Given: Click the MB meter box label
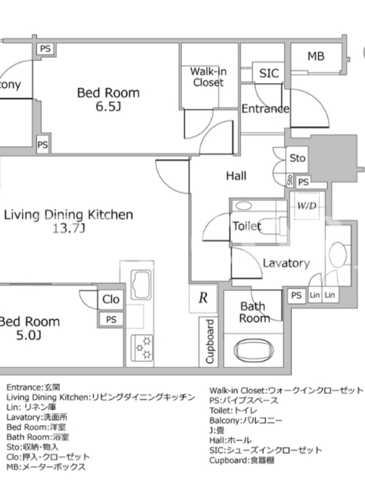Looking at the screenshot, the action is [x=316, y=56].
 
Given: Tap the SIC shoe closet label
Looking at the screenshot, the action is [x=269, y=73].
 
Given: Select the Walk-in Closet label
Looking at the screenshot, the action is [x=208, y=77].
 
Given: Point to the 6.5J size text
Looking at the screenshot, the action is [x=108, y=106].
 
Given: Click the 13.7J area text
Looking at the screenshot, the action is [x=69, y=228].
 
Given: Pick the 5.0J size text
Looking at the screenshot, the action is [x=29, y=335].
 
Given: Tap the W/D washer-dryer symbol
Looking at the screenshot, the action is [x=307, y=206].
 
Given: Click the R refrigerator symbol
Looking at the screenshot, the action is [x=203, y=298].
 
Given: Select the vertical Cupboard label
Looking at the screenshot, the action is [x=210, y=341].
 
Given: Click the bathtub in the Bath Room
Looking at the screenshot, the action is [x=254, y=351].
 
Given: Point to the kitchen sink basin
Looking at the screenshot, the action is [x=141, y=284].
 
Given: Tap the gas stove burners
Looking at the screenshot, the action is [x=142, y=347].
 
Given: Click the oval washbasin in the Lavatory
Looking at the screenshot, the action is [x=338, y=254].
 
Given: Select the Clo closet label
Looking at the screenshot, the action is [x=111, y=299].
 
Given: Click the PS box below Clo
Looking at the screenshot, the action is [x=111, y=320].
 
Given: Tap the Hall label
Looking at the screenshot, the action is [x=236, y=176].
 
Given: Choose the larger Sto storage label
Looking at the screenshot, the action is [x=297, y=158].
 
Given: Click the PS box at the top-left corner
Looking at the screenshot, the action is [x=46, y=49].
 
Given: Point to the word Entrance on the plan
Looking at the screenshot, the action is [x=265, y=109].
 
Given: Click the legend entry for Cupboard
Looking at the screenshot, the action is [x=242, y=460].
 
